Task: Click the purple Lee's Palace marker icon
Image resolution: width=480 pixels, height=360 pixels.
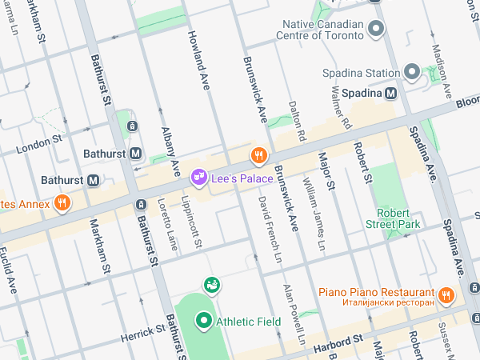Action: (198, 175)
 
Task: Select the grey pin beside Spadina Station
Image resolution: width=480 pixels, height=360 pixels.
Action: (412, 73)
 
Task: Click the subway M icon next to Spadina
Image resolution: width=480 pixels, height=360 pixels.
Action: (391, 93)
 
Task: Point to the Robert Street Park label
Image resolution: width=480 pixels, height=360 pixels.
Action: (399, 218)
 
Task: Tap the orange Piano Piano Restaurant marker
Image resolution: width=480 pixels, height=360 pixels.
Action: (446, 295)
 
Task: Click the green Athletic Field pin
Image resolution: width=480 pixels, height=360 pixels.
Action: (203, 322)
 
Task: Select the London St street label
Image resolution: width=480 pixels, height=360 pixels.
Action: (38, 142)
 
